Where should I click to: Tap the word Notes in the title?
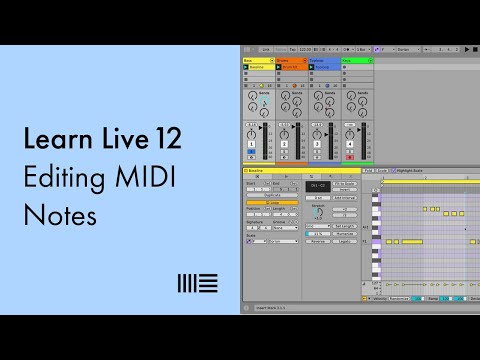coord(49,213)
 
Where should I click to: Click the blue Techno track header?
coord(322,60)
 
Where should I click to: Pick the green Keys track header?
coord(355,60)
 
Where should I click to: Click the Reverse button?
coord(318,240)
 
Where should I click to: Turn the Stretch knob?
coord(318,212)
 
